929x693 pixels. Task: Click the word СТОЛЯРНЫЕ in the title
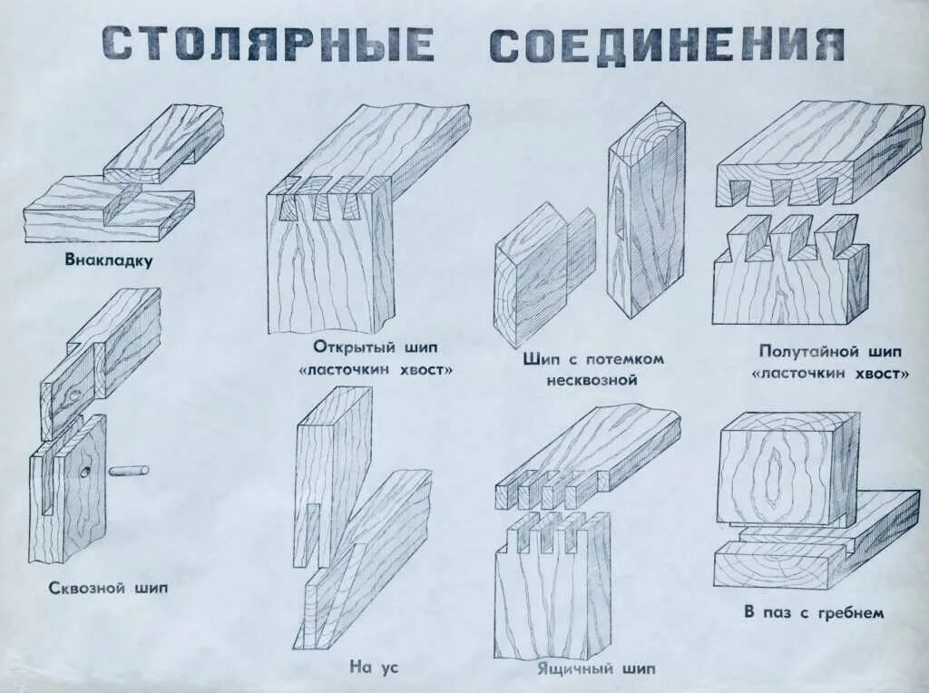tap(268, 44)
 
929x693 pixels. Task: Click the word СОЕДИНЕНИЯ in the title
tap(666, 44)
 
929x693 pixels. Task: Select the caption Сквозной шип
tap(108, 588)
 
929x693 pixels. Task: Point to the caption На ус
tap(374, 667)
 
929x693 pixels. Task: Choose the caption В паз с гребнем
tap(813, 612)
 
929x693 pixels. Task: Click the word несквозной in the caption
tap(592, 380)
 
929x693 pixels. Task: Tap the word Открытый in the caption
tap(349, 347)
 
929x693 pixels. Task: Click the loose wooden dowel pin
tap(130, 471)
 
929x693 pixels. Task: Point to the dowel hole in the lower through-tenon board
tap(84, 472)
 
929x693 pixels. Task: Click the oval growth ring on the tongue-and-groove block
tap(774, 476)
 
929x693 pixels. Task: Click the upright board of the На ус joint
tap(331, 472)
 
